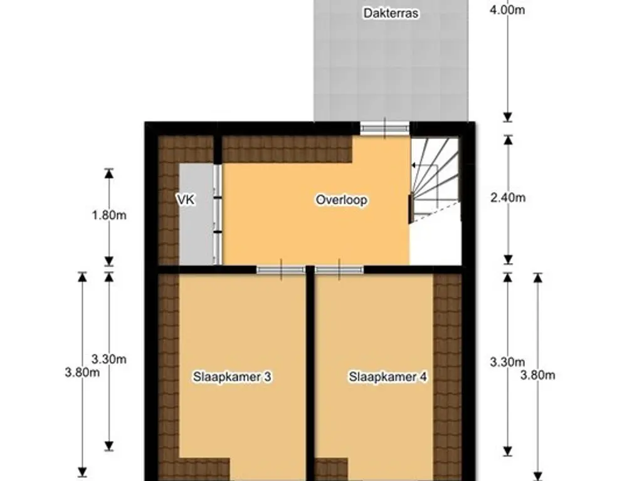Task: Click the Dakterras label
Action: (391, 13)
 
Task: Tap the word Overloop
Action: (342, 200)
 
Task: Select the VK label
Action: (186, 200)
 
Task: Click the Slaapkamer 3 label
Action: (232, 376)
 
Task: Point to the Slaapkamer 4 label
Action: (387, 376)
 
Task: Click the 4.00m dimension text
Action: (507, 10)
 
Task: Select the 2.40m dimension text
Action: (508, 198)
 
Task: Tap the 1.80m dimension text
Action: (109, 215)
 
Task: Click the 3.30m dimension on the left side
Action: (109, 359)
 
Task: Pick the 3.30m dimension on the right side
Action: (508, 362)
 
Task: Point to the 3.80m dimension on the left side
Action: (82, 373)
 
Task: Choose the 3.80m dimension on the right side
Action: (537, 375)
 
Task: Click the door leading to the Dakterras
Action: (385, 128)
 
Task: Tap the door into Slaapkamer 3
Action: (281, 269)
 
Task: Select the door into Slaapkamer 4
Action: (339, 269)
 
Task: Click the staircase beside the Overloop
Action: (435, 180)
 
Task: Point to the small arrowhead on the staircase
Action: (414, 165)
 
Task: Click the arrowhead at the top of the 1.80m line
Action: (109, 173)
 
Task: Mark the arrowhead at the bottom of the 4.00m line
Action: (508, 116)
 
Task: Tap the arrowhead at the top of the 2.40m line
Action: (508, 140)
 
